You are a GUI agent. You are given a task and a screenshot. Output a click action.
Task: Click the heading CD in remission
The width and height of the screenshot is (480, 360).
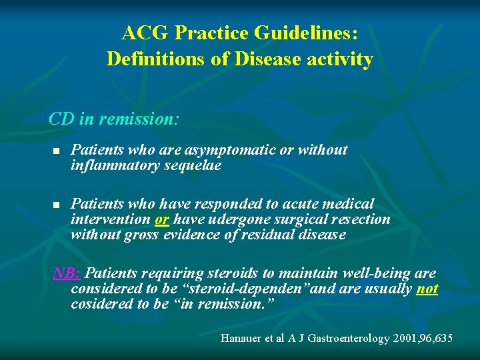[x=114, y=119]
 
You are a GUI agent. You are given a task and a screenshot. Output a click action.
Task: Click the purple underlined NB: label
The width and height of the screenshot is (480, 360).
[x=67, y=273]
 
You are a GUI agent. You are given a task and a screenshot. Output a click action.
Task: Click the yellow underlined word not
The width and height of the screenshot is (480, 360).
[x=427, y=289]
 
